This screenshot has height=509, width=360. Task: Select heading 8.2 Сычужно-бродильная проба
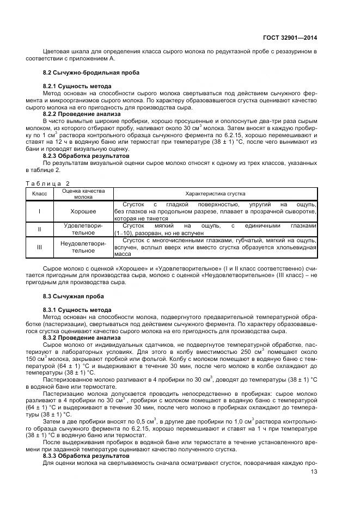pos(91,72)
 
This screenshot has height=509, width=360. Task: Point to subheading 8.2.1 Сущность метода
pos(77,87)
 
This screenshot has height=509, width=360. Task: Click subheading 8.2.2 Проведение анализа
pos(82,114)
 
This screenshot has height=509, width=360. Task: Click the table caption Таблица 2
pos(48,183)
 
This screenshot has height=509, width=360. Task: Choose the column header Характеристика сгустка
pos(215,194)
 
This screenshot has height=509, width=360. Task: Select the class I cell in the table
pos(39,211)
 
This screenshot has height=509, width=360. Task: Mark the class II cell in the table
pos(39,229)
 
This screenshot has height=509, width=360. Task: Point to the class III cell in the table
pos(39,247)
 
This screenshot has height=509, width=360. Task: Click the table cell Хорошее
pos(83,211)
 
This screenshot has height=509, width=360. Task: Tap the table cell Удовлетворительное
pos(83,229)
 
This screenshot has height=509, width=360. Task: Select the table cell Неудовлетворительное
pos(83,247)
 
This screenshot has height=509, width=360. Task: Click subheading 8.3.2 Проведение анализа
pos(82,338)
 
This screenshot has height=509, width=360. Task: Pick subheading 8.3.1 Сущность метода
pos(77,310)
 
